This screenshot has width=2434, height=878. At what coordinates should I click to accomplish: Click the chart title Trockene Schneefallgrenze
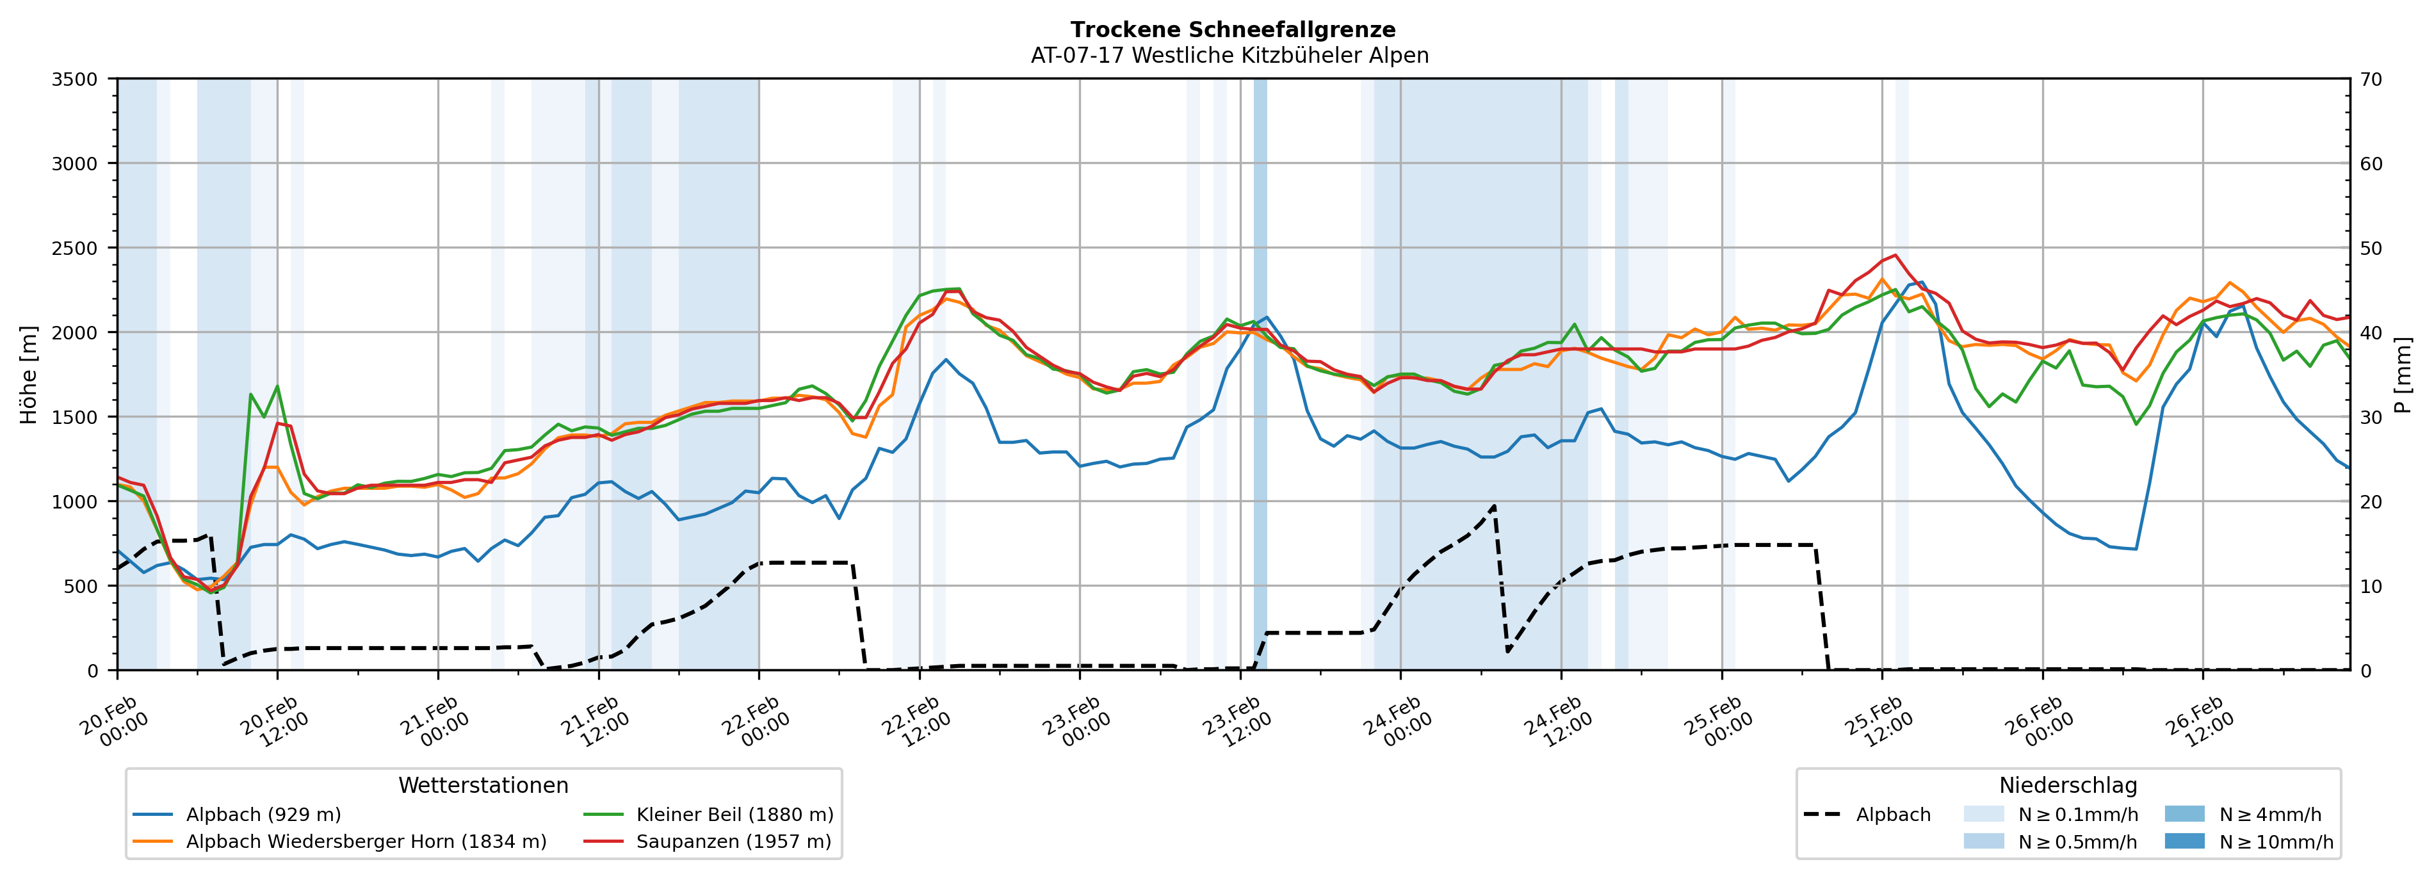click(1232, 30)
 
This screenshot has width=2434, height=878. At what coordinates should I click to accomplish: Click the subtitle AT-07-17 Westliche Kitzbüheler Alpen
click(1229, 56)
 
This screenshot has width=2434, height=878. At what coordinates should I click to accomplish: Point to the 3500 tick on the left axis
click(75, 79)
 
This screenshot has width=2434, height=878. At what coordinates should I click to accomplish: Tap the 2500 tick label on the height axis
click(75, 248)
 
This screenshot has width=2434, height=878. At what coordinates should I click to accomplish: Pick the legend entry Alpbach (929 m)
click(263, 815)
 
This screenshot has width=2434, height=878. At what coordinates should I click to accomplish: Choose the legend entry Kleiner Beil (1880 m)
click(734, 815)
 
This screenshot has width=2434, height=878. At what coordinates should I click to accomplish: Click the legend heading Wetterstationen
click(483, 785)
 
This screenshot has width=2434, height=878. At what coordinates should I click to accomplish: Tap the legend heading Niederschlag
click(2067, 785)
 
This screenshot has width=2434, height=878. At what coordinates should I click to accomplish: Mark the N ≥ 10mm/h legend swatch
click(2184, 841)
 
